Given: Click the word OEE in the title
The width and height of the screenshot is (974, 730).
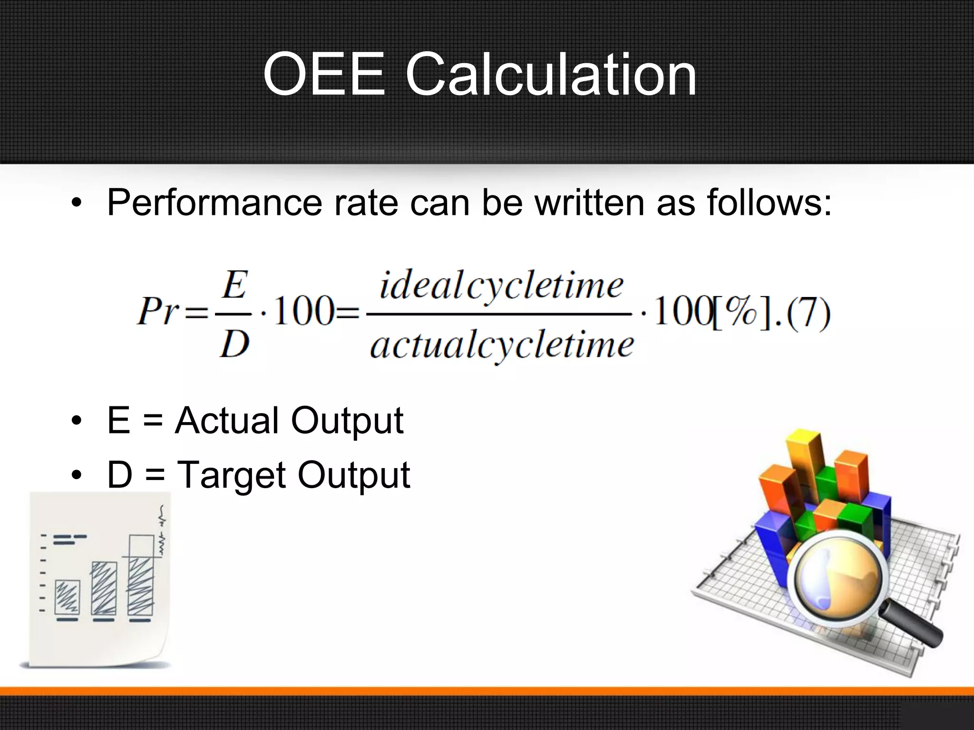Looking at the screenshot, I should click(x=323, y=75).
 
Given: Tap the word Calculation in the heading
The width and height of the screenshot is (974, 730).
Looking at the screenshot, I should click(x=551, y=75).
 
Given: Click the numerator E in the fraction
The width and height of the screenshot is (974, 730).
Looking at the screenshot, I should click(x=234, y=285).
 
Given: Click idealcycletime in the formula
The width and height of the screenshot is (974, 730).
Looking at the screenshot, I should click(x=501, y=286).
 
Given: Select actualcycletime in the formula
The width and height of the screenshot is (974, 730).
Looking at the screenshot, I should click(x=502, y=345).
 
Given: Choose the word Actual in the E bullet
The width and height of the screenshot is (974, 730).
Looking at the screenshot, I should click(x=227, y=421).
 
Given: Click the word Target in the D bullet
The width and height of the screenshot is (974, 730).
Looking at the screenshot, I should click(x=231, y=475).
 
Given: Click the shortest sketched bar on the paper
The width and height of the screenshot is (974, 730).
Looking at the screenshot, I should click(x=67, y=597).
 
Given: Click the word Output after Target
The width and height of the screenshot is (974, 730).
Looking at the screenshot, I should click(x=353, y=475).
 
